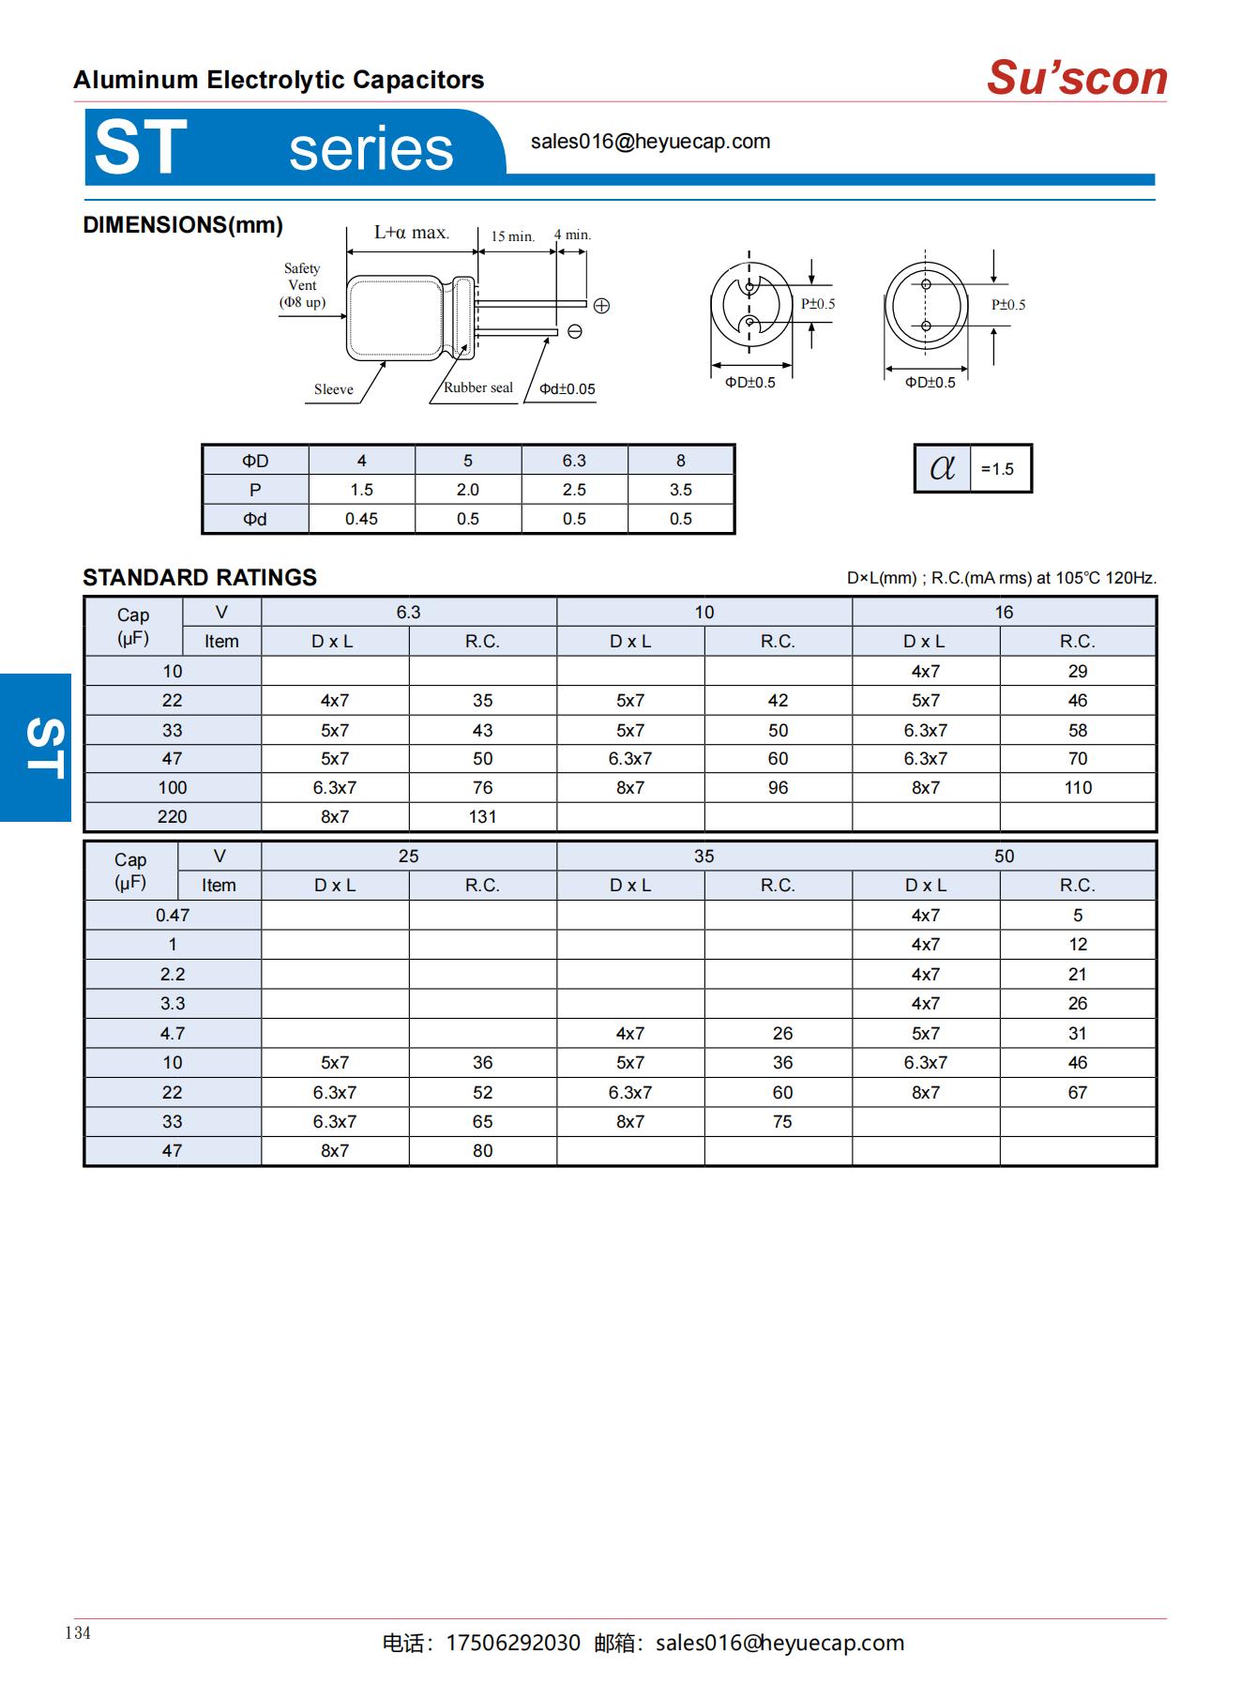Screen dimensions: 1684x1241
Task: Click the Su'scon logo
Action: click(1077, 78)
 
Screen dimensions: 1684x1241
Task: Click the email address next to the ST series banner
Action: click(650, 142)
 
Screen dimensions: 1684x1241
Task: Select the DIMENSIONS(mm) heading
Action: click(183, 225)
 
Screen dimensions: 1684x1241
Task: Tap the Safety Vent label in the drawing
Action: click(302, 284)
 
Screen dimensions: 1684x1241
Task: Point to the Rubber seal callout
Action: click(477, 387)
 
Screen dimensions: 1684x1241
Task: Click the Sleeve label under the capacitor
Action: click(333, 389)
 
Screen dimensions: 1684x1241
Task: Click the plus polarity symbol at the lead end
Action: click(601, 306)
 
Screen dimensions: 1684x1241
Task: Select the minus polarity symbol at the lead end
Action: click(575, 331)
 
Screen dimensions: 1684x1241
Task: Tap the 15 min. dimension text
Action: click(512, 236)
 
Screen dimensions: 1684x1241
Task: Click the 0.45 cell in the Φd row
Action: click(361, 519)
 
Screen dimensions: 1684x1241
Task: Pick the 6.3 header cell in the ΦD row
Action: click(574, 461)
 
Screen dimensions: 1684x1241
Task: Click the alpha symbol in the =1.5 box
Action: click(942, 467)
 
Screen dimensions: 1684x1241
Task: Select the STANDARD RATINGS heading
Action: click(200, 578)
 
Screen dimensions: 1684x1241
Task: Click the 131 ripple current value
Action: click(482, 817)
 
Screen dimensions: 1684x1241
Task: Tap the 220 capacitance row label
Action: click(173, 817)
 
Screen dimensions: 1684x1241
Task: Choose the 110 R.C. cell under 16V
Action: click(1078, 788)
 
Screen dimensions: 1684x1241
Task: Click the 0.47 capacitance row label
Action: click(173, 916)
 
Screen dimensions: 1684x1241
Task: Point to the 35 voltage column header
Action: click(704, 857)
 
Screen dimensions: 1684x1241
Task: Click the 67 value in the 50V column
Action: click(1078, 1093)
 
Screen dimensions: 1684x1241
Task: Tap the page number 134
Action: click(78, 1633)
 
